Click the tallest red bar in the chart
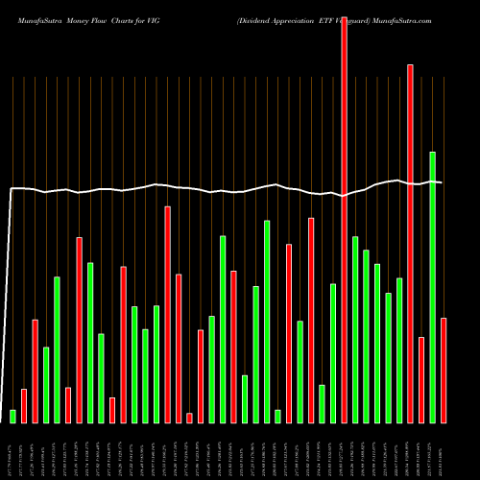tap(345, 211)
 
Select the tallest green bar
tap(433, 287)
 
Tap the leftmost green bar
tap(12, 416)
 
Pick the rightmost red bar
tap(444, 370)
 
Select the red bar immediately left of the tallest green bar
tap(421, 379)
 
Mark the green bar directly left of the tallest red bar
tap(333, 352)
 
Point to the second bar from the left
tap(24, 405)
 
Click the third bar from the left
tap(35, 371)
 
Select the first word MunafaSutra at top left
tap(34, 19)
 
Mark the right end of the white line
tap(442, 182)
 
